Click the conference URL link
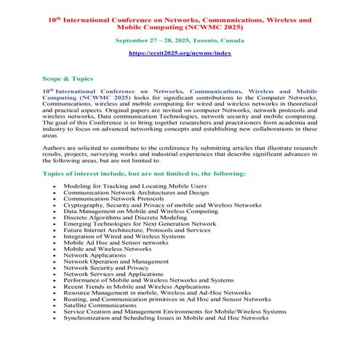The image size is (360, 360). (179, 53)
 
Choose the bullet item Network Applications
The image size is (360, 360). (95, 255)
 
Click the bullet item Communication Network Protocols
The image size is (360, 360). (113, 199)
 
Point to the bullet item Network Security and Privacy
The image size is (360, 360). (105, 268)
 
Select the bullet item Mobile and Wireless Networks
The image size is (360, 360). (108, 249)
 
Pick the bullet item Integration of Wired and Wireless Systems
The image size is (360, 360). (124, 236)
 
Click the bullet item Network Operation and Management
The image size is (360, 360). (116, 261)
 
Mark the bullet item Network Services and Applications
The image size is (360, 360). (113, 274)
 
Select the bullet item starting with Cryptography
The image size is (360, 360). (162, 205)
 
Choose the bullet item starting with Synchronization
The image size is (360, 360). (166, 318)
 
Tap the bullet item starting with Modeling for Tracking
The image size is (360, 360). (135, 186)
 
